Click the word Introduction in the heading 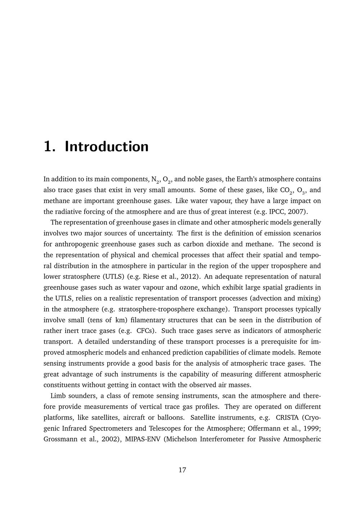coord(107,147)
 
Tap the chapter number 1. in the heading coord(49,147)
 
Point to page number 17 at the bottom coord(182,470)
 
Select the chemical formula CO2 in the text coord(286,190)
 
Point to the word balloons coord(171,418)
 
